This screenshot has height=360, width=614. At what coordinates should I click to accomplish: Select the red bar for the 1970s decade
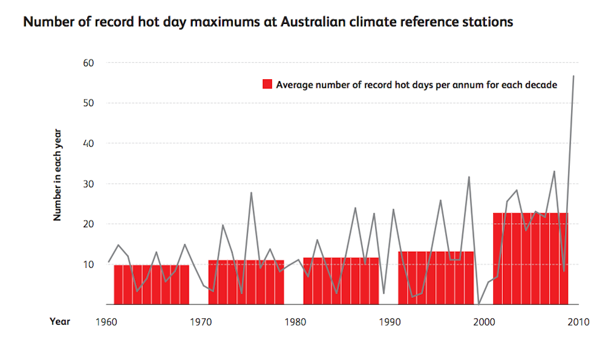[x=246, y=282]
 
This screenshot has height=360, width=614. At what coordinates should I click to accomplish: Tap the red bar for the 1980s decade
[x=341, y=281]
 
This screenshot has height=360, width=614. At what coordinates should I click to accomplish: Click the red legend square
[x=267, y=85]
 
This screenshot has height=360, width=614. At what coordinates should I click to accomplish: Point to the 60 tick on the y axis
[x=88, y=63]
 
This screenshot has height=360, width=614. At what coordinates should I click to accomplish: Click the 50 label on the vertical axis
[x=88, y=103]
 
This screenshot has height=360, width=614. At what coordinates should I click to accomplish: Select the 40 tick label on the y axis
[x=88, y=143]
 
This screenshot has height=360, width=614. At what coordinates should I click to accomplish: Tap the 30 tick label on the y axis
[x=88, y=184]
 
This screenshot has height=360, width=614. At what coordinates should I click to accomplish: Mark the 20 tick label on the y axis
[x=88, y=224]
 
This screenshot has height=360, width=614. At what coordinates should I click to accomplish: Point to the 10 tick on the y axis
[x=88, y=264]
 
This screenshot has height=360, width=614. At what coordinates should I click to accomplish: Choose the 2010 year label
[x=578, y=321]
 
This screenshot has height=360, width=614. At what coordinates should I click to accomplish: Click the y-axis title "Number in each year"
[x=57, y=174]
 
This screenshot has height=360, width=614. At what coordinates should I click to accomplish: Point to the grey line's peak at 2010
[x=573, y=76]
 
